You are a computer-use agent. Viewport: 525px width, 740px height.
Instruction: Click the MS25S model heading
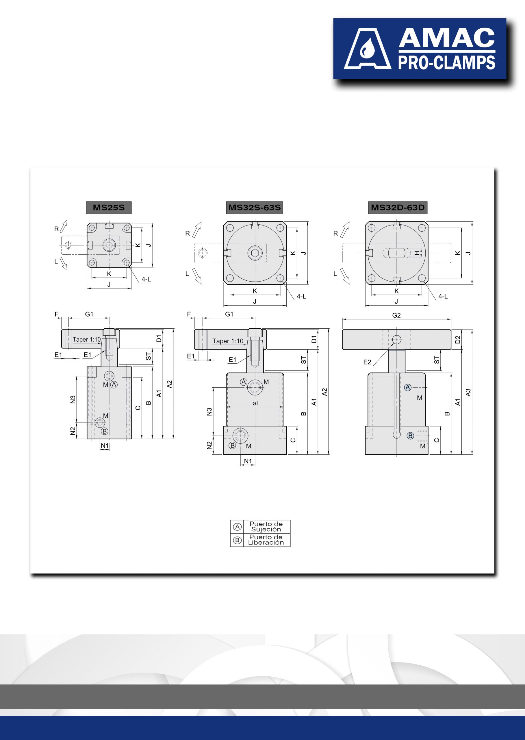(x=109, y=207)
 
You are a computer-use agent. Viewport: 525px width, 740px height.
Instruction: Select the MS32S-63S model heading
(x=255, y=207)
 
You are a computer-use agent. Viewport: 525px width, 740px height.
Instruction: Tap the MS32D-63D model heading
(x=398, y=207)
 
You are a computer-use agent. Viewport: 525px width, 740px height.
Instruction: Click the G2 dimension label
(x=396, y=315)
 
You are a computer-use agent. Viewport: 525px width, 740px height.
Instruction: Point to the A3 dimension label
(x=468, y=392)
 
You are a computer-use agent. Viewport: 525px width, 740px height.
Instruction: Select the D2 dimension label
(x=457, y=340)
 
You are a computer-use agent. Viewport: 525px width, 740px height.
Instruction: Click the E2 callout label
(x=367, y=362)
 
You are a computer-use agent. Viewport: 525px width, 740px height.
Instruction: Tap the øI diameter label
(x=255, y=403)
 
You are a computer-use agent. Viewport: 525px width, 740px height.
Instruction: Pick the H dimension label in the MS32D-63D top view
(x=417, y=253)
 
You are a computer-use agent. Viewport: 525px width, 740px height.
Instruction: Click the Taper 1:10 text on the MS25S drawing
(x=87, y=339)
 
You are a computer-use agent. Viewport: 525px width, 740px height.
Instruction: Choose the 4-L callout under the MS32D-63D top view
(x=443, y=296)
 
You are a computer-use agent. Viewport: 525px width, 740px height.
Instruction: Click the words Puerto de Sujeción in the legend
(x=266, y=527)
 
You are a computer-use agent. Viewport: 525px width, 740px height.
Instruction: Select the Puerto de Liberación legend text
(x=266, y=540)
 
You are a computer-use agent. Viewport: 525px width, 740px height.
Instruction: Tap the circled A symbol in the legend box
(x=237, y=527)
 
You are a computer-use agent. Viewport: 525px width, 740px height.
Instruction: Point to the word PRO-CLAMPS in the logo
(x=446, y=63)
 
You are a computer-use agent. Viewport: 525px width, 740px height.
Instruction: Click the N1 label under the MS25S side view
(x=104, y=446)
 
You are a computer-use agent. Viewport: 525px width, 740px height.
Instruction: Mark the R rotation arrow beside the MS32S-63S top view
(x=197, y=229)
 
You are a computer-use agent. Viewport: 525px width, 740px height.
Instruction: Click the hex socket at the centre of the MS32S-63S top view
(x=255, y=253)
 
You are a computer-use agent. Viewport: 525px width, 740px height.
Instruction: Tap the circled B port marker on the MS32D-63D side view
(x=410, y=436)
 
